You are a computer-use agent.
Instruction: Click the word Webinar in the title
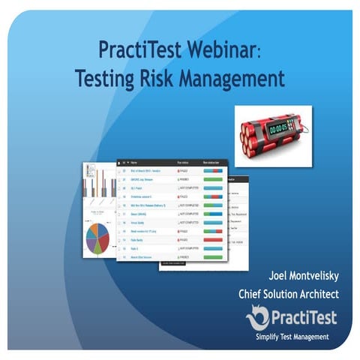tap(227, 50)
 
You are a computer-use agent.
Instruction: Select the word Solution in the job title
tap(289, 293)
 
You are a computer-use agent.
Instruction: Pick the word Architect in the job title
tap(330, 293)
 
